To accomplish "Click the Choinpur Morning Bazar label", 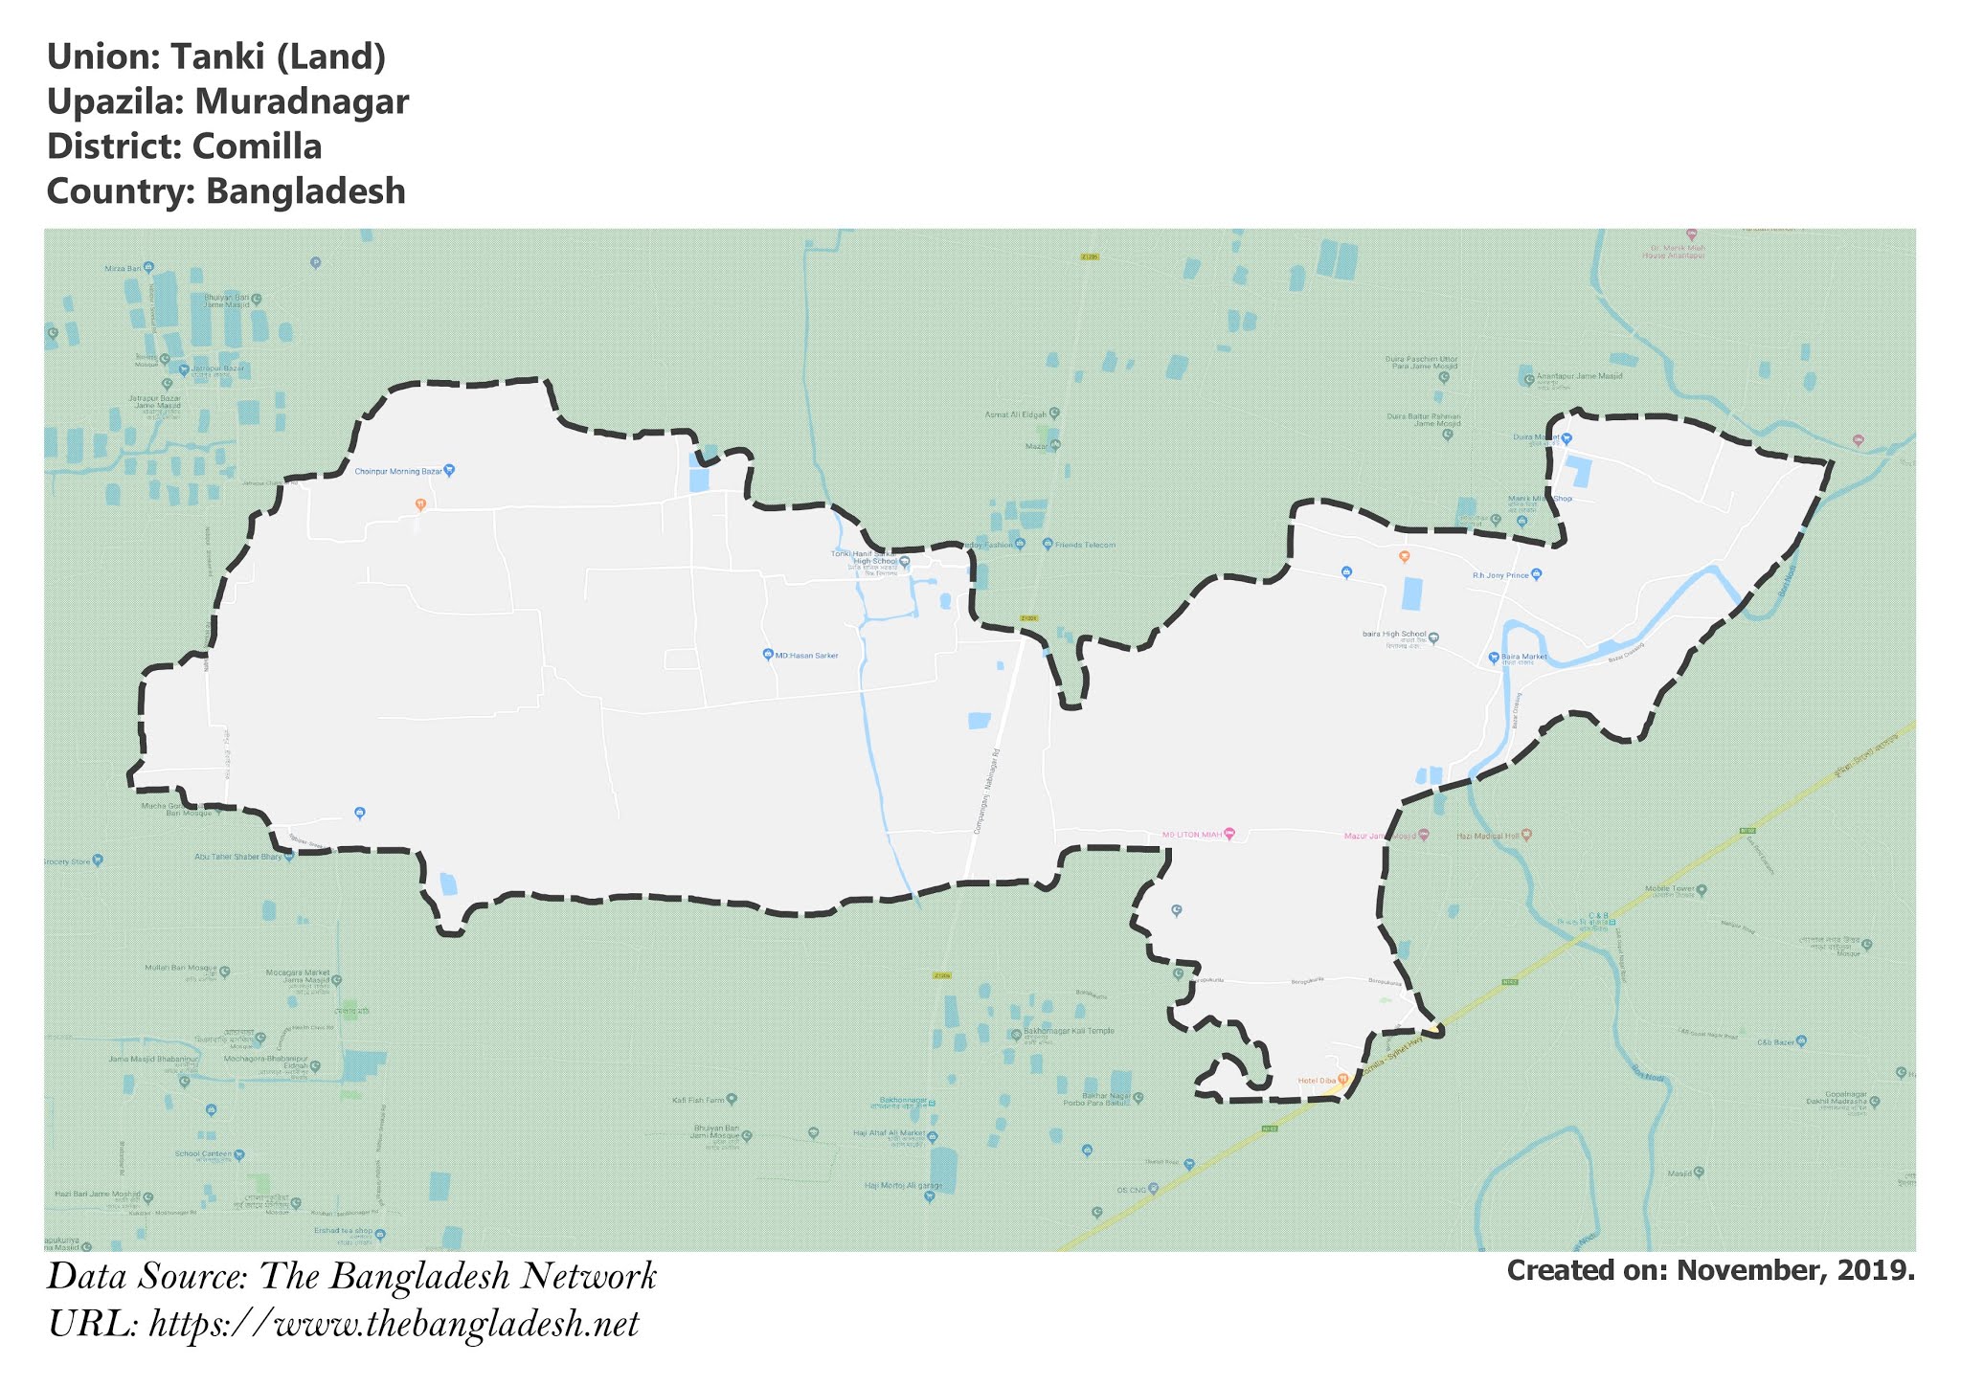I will (x=397, y=471).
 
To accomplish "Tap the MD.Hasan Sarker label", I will (x=806, y=656).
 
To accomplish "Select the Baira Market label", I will (x=1523, y=658).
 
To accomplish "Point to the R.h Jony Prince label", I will (x=1500, y=575).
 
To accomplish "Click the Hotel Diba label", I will (x=1316, y=1081).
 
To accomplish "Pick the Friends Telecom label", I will (x=1086, y=545).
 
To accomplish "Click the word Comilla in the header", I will (x=257, y=146).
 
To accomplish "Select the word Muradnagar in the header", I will (x=302, y=101).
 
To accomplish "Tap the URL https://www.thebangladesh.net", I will (x=393, y=1326).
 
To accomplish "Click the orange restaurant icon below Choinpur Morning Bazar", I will (x=419, y=503).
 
